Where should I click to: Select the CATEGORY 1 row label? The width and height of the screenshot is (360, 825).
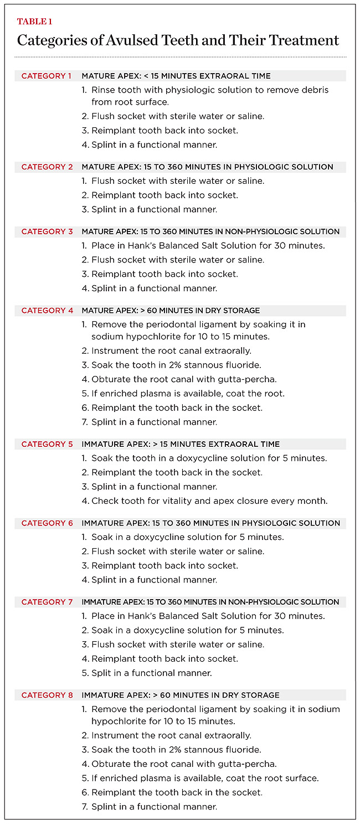click(x=47, y=76)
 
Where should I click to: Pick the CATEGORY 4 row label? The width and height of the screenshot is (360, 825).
click(x=47, y=311)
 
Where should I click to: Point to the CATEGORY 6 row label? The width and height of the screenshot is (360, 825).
click(x=47, y=523)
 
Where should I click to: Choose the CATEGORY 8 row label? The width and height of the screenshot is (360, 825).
click(x=47, y=695)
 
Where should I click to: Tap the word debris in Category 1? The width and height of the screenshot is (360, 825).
click(x=314, y=90)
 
